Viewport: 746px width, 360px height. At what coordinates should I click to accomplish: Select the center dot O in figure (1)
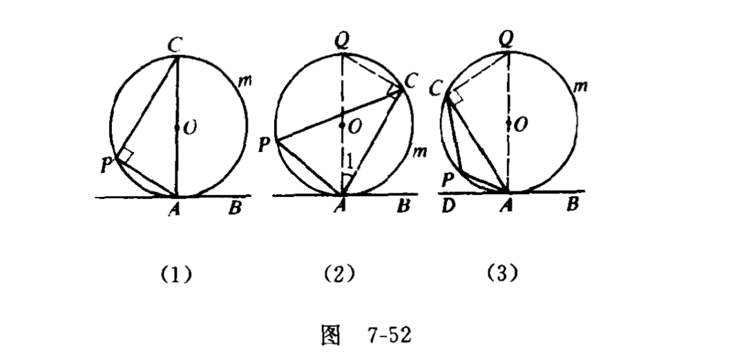pos(178,128)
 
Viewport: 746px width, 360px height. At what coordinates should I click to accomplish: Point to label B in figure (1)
pos(235,207)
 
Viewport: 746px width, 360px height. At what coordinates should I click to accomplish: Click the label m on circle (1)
pos(243,82)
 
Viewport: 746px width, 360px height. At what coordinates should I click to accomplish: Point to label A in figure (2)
pos(341,207)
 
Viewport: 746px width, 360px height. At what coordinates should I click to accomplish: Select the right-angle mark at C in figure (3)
pos(454,99)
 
